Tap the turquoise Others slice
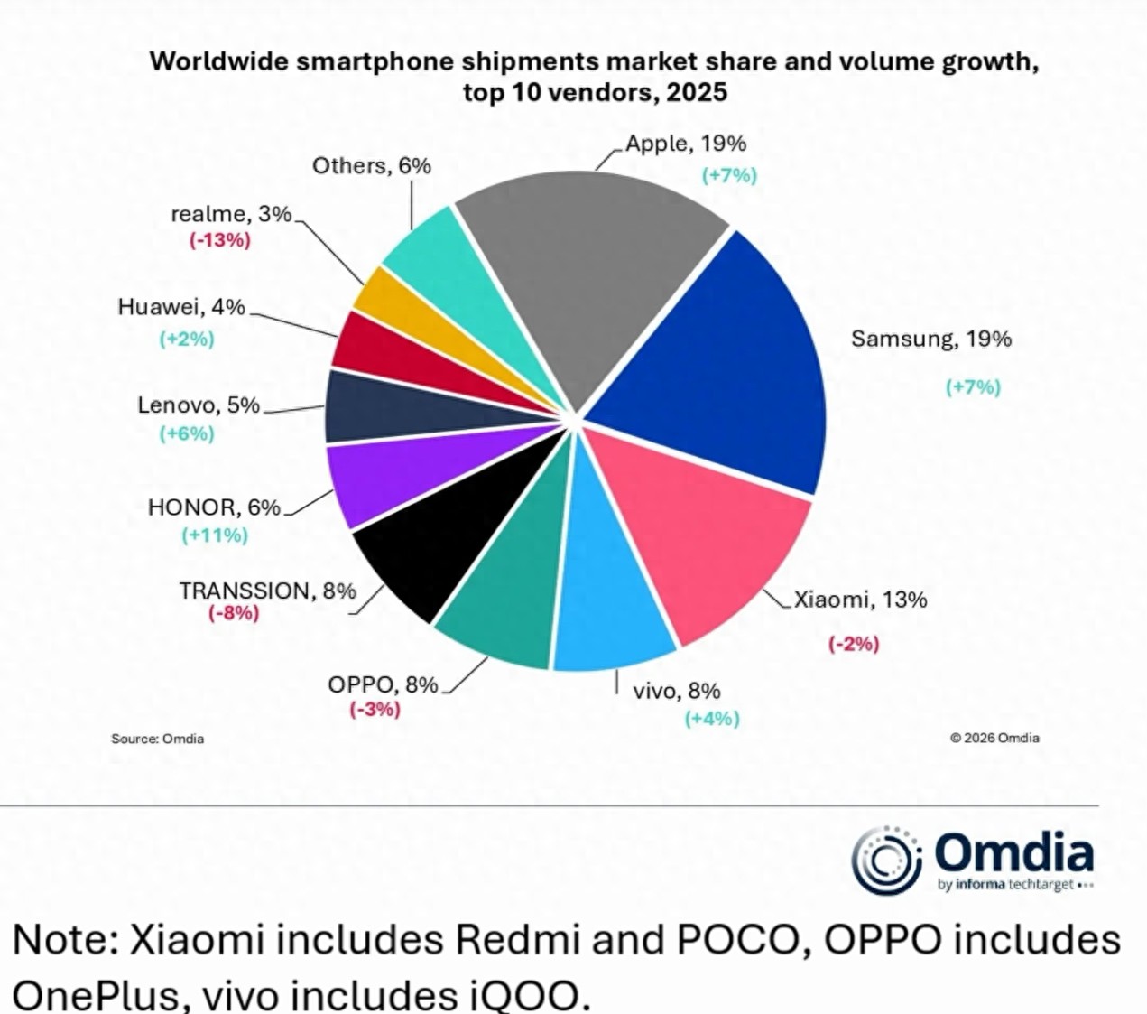433,253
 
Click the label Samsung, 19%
931,340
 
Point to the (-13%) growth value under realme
219,241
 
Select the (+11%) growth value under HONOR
215,535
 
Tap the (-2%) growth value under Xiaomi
853,644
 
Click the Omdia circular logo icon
886,860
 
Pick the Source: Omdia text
158,739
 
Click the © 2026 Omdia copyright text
994,738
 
